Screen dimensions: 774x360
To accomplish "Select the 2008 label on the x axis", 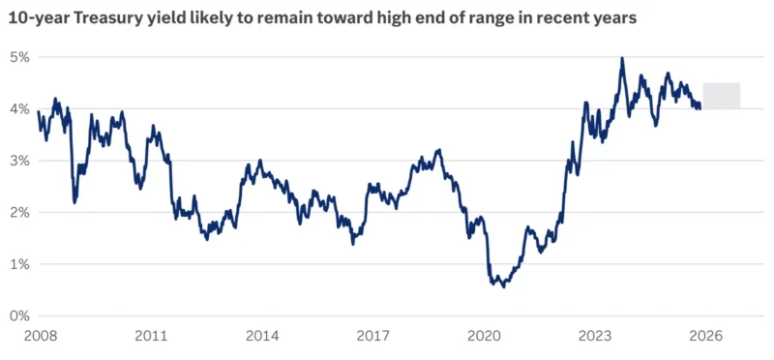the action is pyautogui.click(x=41, y=337).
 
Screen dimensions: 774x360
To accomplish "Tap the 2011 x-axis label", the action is pyautogui.click(x=151, y=337).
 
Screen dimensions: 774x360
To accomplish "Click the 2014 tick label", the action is pyautogui.click(x=262, y=337).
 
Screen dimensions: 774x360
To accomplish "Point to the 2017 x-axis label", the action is pyautogui.click(x=372, y=337).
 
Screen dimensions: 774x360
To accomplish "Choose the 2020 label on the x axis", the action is pyautogui.click(x=484, y=337).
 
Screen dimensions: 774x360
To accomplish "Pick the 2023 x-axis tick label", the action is pyautogui.click(x=595, y=337).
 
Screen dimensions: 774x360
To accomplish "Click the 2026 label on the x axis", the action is pyautogui.click(x=706, y=337).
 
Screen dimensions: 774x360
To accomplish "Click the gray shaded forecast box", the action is pyautogui.click(x=721, y=96).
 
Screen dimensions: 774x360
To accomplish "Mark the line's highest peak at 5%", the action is pyautogui.click(x=622, y=58).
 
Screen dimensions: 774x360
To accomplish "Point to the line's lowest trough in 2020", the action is pyautogui.click(x=503, y=286).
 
